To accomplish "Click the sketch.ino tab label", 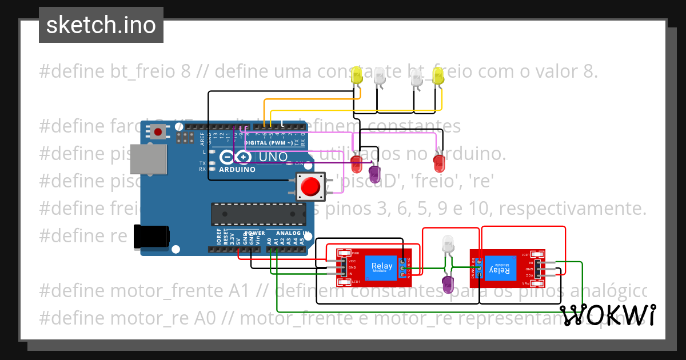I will [101, 25].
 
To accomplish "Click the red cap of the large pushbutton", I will [310, 186].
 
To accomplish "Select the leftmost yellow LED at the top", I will [357, 76].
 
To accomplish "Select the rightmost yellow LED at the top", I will [438, 77].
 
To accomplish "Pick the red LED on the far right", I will [439, 163].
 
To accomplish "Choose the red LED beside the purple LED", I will [356, 163].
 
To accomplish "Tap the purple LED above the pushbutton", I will [375, 174].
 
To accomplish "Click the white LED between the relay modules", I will [448, 244].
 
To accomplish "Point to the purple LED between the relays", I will [448, 284].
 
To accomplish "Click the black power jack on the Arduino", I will [151, 237].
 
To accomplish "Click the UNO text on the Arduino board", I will [273, 157].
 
